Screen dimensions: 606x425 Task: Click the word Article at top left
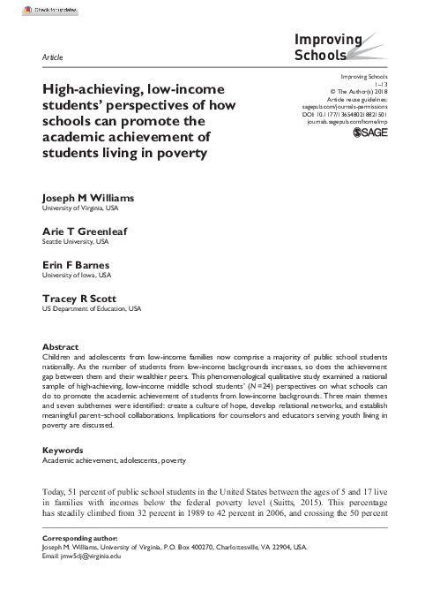click(x=52, y=57)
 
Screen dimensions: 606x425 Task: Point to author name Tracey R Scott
click(x=77, y=299)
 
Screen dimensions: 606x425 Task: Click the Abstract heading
click(x=61, y=346)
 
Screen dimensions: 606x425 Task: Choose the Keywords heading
click(x=63, y=450)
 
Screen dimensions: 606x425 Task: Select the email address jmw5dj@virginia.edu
click(x=91, y=557)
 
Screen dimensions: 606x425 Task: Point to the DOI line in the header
click(x=351, y=113)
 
